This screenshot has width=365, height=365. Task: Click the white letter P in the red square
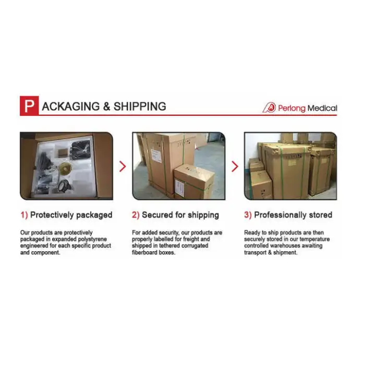coord(29,106)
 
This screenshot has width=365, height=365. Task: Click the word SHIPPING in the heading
coord(140,106)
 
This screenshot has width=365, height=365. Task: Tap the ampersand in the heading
coord(106,106)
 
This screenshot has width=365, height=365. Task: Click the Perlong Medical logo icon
coord(270,107)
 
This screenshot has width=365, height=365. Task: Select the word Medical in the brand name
coord(322,108)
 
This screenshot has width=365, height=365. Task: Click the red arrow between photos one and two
coord(123,166)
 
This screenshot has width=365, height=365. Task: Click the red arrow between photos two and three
coord(235,166)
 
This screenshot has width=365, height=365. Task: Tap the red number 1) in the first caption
coord(24,215)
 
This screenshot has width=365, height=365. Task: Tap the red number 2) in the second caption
coord(136,215)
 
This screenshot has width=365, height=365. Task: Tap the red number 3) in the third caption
coord(248,215)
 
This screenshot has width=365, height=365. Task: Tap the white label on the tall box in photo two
coord(156,155)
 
